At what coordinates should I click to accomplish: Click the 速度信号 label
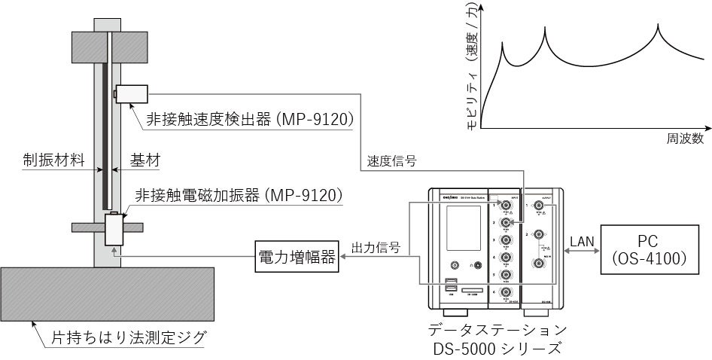tap(392, 160)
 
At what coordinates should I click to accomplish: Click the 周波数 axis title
tap(684, 139)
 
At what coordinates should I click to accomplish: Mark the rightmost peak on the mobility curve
tap(660, 29)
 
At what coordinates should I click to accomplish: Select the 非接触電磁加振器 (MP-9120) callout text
tap(239, 194)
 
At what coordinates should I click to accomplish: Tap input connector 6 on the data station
tap(507, 292)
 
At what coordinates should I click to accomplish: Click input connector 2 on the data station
tap(507, 222)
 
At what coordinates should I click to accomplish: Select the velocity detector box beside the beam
tap(132, 93)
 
